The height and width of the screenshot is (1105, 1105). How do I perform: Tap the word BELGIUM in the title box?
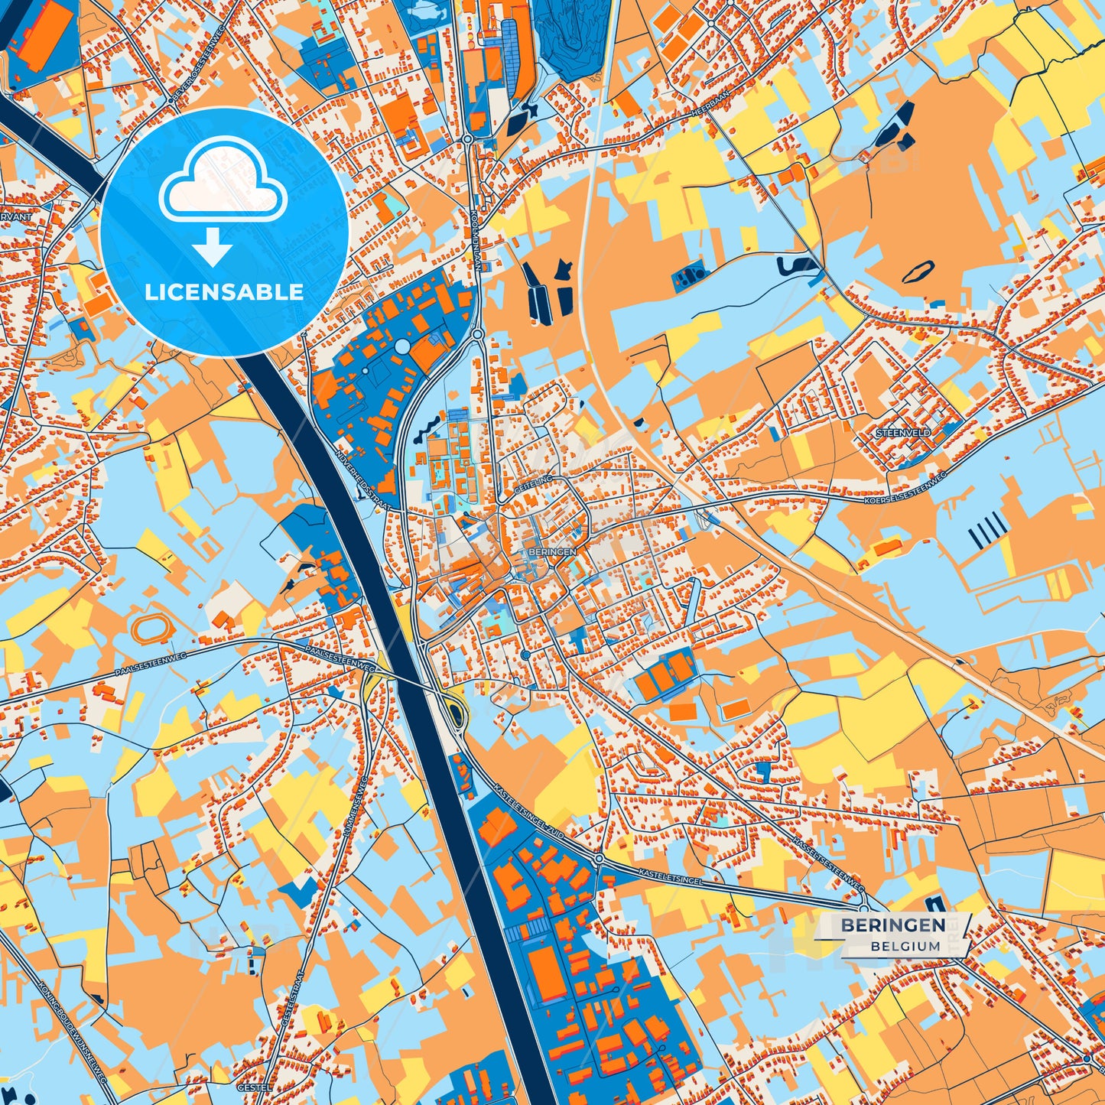coord(905,946)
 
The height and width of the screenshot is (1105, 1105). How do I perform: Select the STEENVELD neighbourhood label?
coord(903,433)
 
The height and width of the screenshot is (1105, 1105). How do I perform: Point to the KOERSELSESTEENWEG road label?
coord(905,490)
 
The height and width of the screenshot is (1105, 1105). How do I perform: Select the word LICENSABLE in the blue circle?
coord(223,292)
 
